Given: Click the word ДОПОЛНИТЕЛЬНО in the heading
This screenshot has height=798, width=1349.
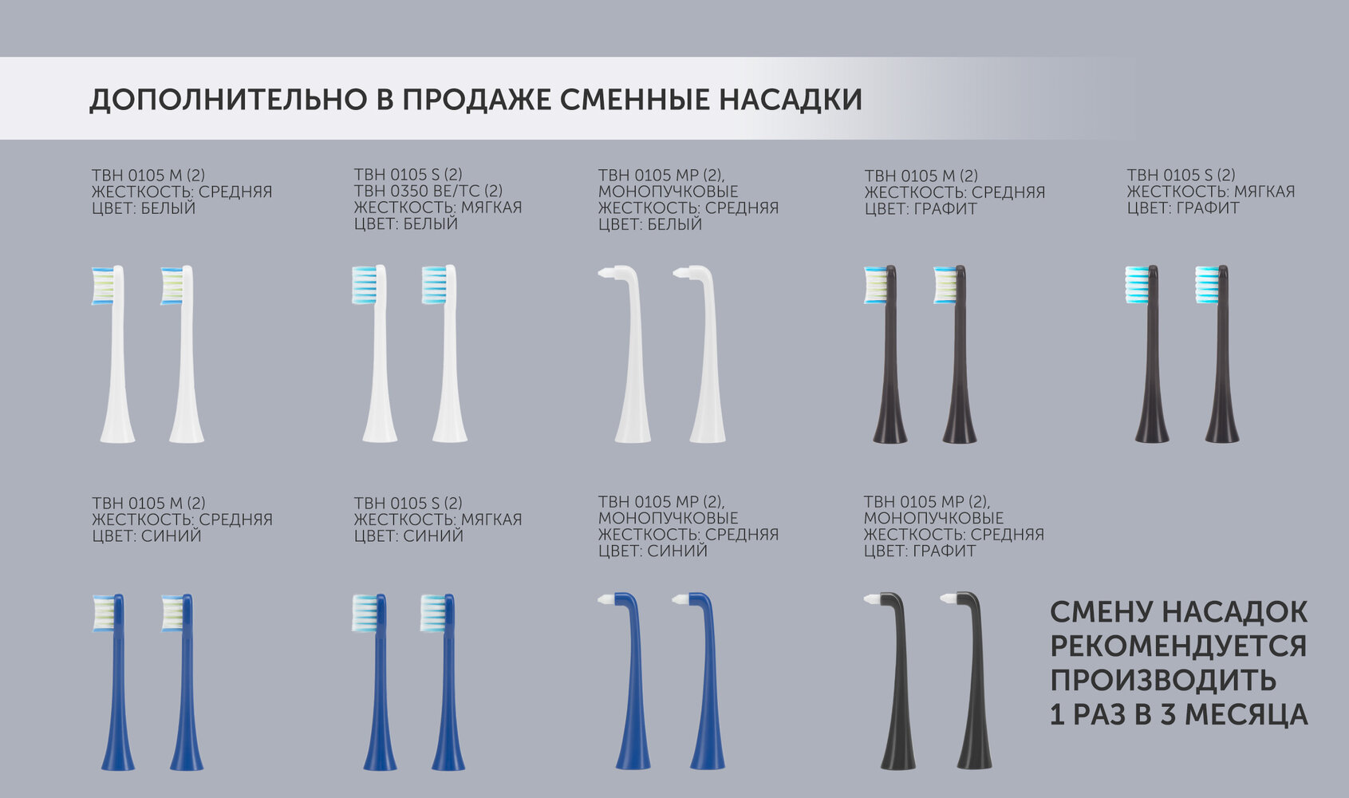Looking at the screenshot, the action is [x=227, y=100].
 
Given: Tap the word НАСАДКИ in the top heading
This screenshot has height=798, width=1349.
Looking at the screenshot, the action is [x=790, y=100].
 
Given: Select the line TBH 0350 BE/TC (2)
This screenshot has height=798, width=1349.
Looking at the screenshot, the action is [x=428, y=191].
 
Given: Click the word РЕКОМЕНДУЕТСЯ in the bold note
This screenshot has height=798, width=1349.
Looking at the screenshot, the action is [x=1178, y=646].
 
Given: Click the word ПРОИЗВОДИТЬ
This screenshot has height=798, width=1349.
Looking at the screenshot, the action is [x=1163, y=681].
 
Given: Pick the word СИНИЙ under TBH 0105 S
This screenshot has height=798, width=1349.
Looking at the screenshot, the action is [x=433, y=535].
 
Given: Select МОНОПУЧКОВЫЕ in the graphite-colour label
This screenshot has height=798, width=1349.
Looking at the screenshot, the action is [x=933, y=517].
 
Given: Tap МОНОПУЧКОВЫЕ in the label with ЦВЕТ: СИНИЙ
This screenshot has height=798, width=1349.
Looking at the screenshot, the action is [x=668, y=517].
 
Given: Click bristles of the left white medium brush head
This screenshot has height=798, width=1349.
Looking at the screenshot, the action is [x=102, y=286].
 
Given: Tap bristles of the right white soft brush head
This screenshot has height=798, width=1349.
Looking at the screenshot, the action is [x=434, y=284].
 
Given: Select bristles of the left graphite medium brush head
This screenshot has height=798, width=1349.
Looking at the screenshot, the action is [x=875, y=285].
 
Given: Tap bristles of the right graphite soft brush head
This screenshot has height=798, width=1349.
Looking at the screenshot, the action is [x=1207, y=284].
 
